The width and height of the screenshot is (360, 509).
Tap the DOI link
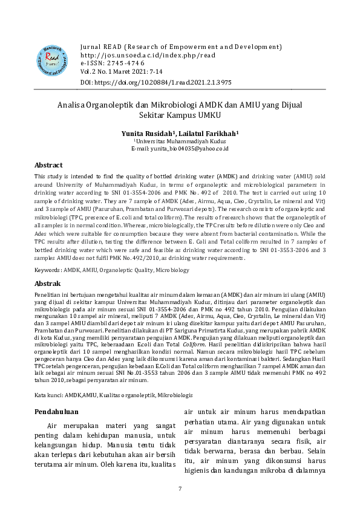click(155, 82)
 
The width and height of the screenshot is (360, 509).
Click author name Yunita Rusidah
click(148, 132)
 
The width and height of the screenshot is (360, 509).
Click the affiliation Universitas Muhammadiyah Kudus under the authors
click(180, 140)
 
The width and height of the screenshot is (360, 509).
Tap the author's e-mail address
click(179, 148)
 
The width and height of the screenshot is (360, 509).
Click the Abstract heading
click(48, 164)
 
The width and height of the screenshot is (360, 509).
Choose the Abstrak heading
click(47, 283)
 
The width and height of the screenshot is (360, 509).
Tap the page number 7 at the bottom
click(180, 488)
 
